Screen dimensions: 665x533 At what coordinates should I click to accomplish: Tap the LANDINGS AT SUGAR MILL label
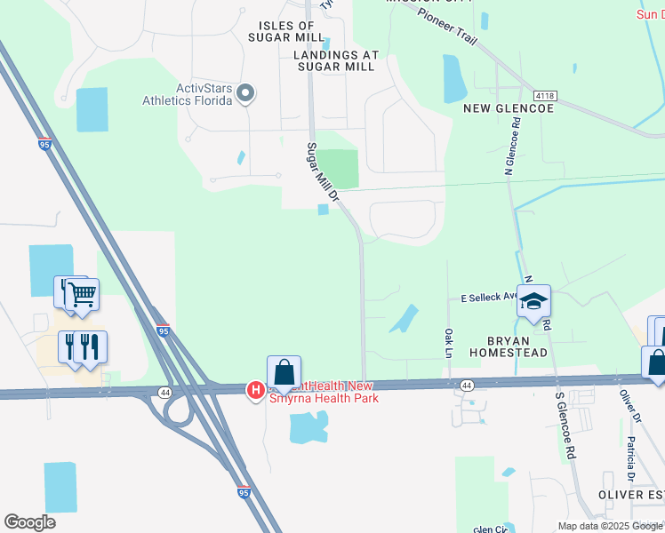coord(336,60)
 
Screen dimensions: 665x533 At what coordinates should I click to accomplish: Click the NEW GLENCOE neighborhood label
coord(509,107)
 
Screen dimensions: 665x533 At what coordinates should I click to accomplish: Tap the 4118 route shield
coord(545,95)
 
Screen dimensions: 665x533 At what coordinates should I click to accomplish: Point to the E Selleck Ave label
coord(488,298)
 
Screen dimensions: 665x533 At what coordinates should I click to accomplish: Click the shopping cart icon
coord(82,293)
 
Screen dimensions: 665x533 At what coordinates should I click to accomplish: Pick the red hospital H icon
coord(254,390)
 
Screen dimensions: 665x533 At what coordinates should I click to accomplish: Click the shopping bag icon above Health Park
coord(284,372)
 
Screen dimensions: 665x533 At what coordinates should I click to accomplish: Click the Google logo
coord(29,522)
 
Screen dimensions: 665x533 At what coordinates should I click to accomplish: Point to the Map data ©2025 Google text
coord(609,526)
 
